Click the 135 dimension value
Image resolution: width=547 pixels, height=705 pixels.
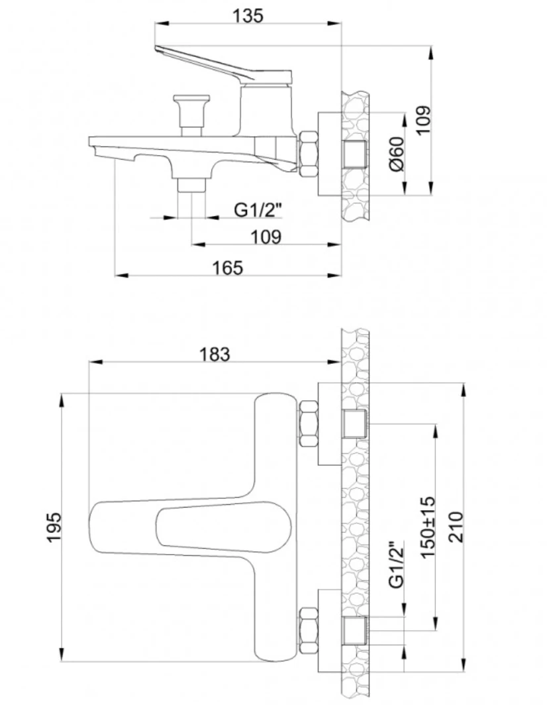tap(248, 15)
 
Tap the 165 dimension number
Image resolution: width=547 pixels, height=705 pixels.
tap(227, 268)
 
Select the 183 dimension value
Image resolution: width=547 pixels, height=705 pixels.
tap(215, 354)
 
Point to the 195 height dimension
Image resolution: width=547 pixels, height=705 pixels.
tap(54, 527)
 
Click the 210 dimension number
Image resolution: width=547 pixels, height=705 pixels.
tap(456, 527)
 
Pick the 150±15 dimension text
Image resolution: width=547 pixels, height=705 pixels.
tap(427, 527)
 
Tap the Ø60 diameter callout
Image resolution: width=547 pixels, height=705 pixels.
tap(397, 154)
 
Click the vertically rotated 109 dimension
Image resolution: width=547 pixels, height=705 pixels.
tap(423, 119)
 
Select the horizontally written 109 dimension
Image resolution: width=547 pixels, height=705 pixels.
tap(266, 237)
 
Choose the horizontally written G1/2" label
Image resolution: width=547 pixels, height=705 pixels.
tap(258, 209)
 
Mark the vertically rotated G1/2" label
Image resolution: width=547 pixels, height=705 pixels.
tap(397, 564)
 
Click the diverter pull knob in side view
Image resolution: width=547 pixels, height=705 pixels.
tap(191, 115)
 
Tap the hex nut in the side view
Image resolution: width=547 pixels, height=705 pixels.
tap(308, 154)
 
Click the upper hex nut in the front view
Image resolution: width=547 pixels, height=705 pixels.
tap(309, 423)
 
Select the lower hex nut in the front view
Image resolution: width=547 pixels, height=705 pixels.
tap(309, 631)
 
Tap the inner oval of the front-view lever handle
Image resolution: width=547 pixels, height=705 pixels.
tap(223, 527)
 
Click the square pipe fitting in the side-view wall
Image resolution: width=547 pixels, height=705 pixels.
tap(355, 154)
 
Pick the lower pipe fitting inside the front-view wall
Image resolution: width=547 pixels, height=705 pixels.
tap(355, 631)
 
